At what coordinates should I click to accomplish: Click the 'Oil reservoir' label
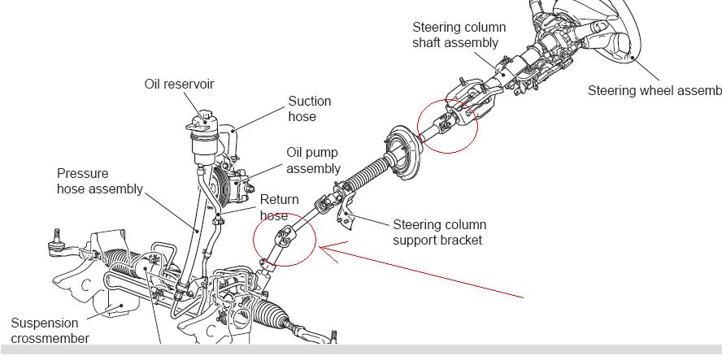(x=179, y=85)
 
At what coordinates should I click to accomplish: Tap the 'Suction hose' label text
(x=310, y=109)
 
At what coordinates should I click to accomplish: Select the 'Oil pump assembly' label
(x=313, y=160)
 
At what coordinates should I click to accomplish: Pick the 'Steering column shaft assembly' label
(x=459, y=35)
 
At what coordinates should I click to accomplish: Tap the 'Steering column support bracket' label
(x=439, y=232)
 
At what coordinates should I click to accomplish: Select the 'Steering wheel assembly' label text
(x=654, y=90)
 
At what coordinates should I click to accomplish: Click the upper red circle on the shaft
(x=447, y=125)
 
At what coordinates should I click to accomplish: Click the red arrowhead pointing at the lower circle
(x=325, y=247)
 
